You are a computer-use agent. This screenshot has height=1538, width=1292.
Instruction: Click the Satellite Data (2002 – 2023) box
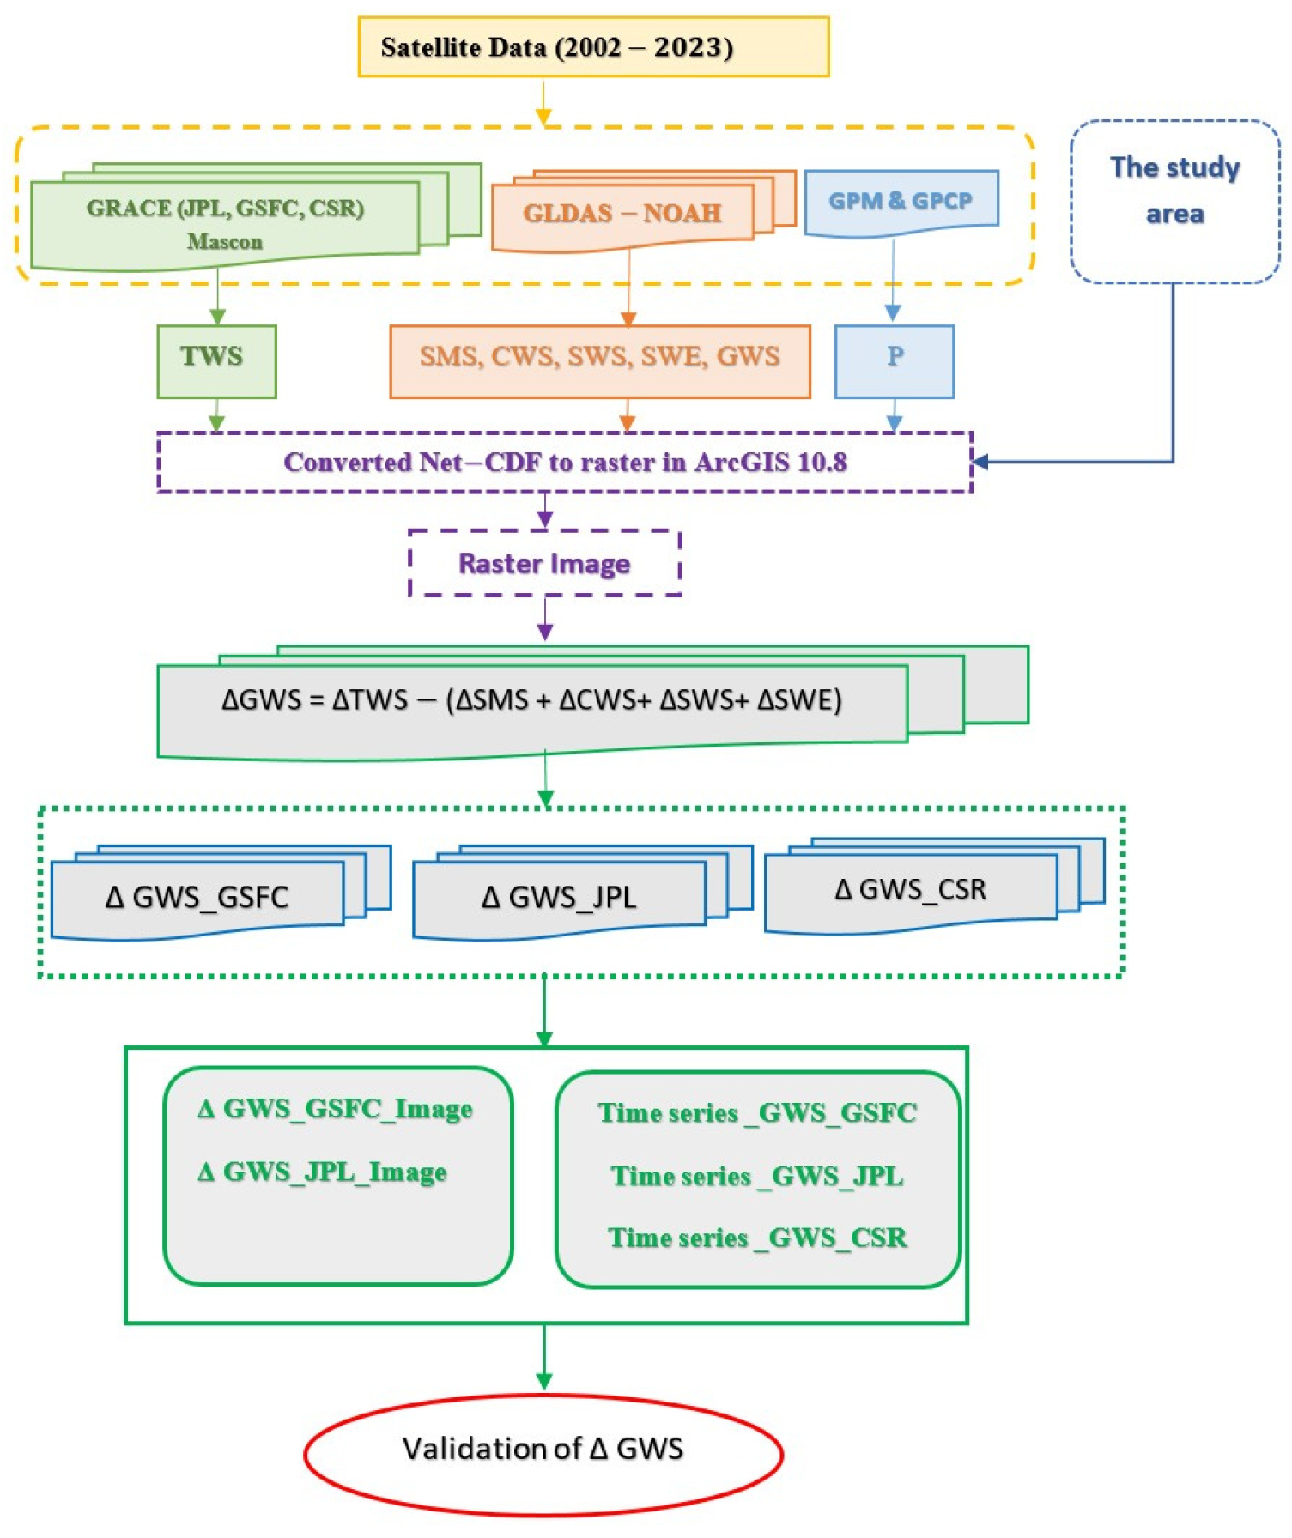(593, 46)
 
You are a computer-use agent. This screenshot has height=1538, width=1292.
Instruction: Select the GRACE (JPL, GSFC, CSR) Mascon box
(225, 222)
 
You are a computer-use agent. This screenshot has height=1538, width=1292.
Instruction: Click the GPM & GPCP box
(901, 201)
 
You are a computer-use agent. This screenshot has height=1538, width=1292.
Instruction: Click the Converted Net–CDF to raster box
(565, 462)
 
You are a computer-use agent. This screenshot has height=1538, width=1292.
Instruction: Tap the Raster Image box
(544, 563)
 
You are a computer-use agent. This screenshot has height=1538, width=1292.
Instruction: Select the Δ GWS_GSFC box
(197, 898)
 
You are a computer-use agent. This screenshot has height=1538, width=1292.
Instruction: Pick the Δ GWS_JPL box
(559, 898)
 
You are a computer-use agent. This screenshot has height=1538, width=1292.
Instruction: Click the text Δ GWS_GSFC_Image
(335, 1108)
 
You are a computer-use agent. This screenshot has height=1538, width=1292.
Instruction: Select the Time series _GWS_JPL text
(757, 1175)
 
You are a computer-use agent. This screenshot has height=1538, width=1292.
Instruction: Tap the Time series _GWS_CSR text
(757, 1237)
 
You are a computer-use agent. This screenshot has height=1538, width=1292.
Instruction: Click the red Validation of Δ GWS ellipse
(543, 1448)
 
